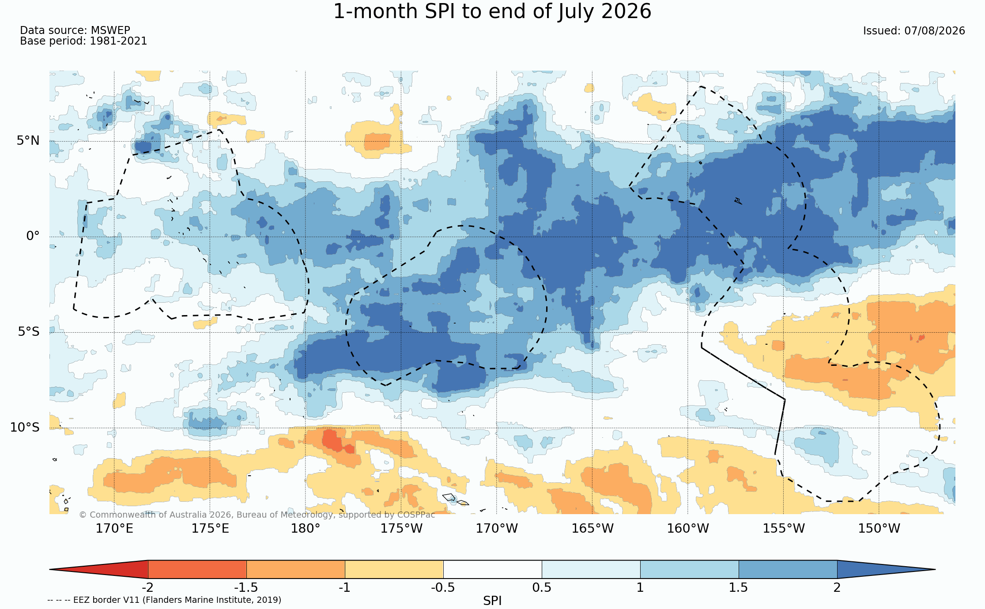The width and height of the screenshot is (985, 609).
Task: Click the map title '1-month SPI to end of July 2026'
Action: coord(492,11)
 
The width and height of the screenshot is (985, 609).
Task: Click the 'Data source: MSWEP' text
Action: coord(75,30)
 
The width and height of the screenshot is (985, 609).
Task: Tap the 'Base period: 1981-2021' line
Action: coord(83,41)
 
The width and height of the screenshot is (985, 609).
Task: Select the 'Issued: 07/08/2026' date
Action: coord(914,31)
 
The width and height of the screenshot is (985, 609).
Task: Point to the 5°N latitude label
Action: coord(28,141)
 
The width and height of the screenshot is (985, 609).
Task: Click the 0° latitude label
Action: coord(33,236)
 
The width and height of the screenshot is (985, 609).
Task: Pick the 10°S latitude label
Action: coord(25,427)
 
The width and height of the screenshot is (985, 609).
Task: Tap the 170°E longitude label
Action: coord(114,528)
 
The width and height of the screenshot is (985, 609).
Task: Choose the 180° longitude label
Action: coord(306,528)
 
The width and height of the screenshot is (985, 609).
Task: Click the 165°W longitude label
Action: coord(593,528)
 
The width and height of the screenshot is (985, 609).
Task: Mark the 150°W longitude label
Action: coord(879,528)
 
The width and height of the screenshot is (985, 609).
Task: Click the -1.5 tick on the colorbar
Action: coord(246,588)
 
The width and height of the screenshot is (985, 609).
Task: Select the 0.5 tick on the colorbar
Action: coord(542,588)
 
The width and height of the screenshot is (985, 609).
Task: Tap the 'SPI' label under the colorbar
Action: coord(492,601)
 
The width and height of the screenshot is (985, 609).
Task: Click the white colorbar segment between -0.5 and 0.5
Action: coord(493,569)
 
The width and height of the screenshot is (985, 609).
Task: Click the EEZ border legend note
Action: coord(164,600)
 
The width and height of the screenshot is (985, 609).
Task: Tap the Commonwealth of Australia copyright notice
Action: coord(257,515)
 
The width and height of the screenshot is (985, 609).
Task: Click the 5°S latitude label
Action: coord(29,332)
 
